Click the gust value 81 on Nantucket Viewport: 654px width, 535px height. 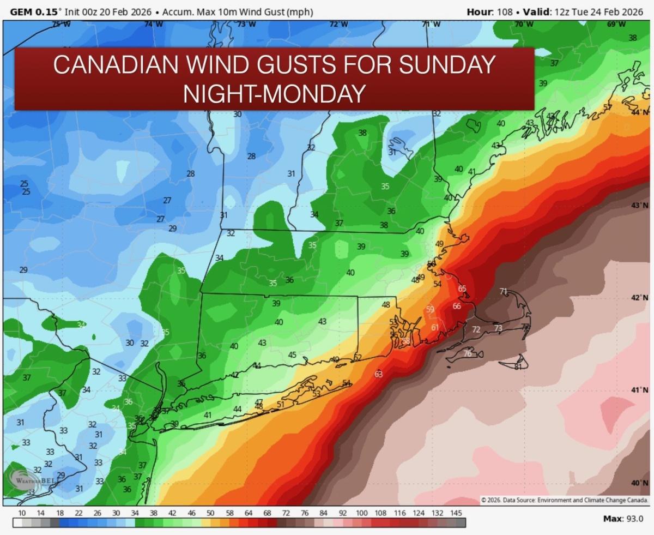pos(518,366)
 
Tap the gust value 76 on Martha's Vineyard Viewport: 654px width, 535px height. pos(467,353)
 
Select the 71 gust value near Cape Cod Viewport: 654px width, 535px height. pos(503,291)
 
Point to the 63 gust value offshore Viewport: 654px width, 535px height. pos(378,374)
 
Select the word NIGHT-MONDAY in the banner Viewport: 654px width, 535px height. pos(274,93)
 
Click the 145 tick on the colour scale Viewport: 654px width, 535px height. pos(456,513)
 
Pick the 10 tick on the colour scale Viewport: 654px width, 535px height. pos(22,513)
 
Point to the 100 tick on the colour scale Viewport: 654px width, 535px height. pos(361,513)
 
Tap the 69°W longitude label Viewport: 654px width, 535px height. pos(616,24)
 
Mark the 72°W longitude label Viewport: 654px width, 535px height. pos(338,24)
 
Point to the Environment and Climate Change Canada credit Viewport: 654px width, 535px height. pos(565,500)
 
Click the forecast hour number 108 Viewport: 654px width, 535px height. pos(505,11)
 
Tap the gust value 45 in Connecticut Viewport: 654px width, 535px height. pos(292,355)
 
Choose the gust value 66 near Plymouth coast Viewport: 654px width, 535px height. pos(457,306)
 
